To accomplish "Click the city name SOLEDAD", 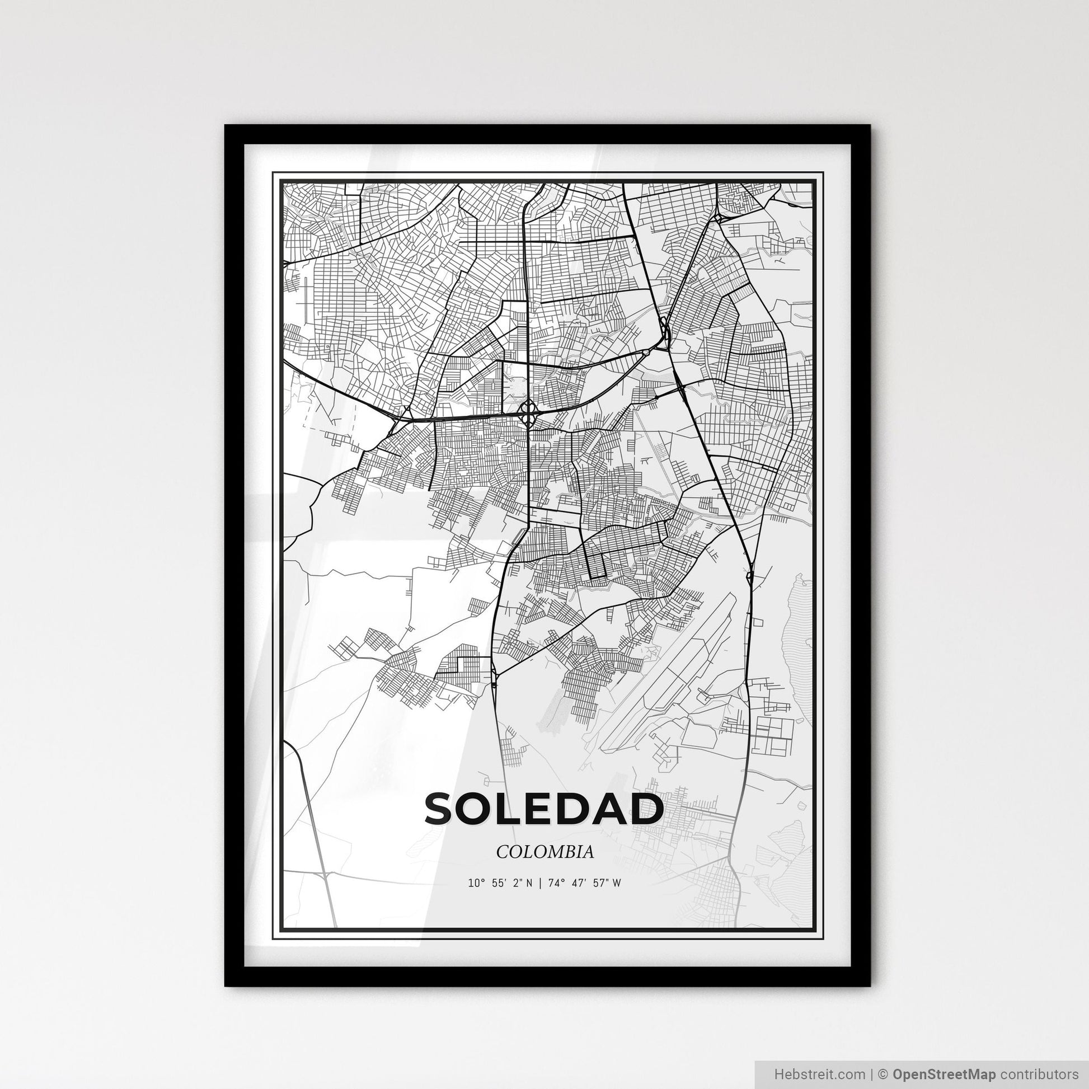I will tap(544, 809).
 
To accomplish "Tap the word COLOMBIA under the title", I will tap(544, 852).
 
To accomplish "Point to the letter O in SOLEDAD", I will tap(481, 809).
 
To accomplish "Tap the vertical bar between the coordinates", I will tap(539, 883).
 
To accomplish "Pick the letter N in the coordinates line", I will tap(528, 883).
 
